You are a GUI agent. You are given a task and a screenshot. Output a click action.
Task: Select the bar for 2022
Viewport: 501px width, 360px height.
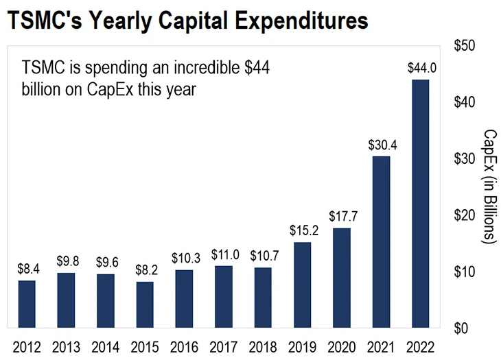coord(420,204)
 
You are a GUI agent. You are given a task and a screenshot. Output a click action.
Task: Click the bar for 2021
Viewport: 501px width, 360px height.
coord(381,242)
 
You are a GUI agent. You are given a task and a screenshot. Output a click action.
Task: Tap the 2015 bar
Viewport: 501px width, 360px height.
coord(145,304)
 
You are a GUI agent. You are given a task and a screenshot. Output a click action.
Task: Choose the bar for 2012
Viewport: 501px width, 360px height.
coord(27,304)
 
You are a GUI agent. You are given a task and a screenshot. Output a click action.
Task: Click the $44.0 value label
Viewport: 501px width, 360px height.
coord(420,68)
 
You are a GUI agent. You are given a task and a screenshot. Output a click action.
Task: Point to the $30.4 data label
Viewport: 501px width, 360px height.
coord(381,145)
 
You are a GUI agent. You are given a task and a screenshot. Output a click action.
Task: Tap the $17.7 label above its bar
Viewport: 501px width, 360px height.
coord(342,217)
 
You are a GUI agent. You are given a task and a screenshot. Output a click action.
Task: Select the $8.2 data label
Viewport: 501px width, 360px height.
coord(145,270)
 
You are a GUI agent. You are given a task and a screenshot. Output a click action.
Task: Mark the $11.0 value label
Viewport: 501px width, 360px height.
coord(224,254)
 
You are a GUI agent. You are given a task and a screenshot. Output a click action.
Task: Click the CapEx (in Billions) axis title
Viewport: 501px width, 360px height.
coord(489,187)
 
